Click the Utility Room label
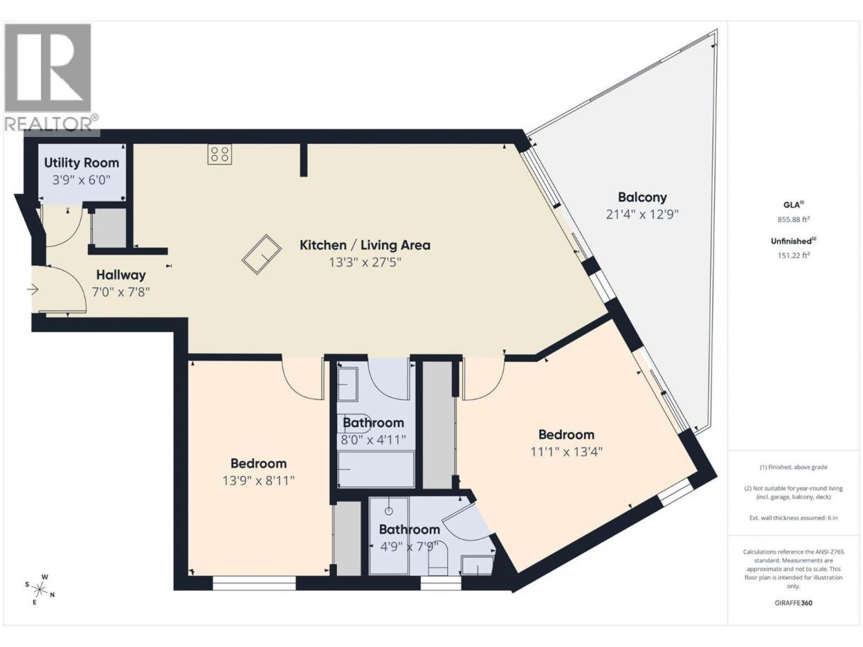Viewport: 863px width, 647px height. coord(82,162)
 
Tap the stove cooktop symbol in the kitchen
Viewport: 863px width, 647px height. coord(220,154)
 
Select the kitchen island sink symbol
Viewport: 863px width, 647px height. coord(261,254)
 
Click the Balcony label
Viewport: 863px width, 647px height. coord(642,197)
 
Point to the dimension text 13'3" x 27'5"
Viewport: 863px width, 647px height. coord(365,262)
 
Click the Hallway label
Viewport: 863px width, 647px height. coord(121,275)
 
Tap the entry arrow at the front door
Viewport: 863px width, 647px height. coord(33,290)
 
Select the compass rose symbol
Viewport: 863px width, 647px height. coord(39,589)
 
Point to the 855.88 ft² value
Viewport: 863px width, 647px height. coord(793,219)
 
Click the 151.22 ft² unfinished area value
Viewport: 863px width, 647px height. coord(793,255)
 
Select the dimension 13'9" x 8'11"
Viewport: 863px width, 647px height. coord(258,480)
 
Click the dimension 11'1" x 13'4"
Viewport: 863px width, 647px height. coord(566,452)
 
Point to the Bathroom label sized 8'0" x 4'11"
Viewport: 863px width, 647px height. coord(373,423)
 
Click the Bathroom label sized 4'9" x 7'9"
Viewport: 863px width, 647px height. coord(409,529)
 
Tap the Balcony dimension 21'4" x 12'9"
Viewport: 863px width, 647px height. coord(642,214)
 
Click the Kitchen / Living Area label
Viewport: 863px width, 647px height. coord(365,245)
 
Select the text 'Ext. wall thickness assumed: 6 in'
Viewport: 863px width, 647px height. coord(793,518)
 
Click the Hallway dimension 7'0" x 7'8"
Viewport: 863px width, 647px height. coord(121,292)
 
